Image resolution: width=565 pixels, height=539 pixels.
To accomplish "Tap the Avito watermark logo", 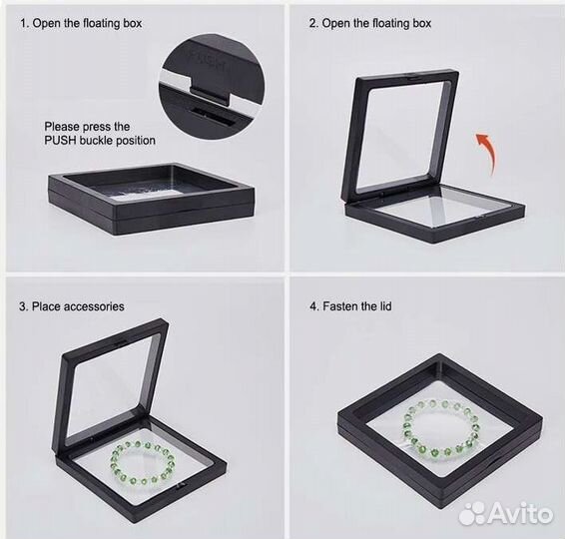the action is click(x=506, y=513).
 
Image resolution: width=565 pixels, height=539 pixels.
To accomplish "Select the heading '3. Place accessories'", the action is click(x=72, y=306).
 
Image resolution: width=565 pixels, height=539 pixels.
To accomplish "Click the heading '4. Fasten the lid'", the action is click(x=350, y=306).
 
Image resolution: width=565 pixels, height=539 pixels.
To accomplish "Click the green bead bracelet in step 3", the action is click(x=143, y=463).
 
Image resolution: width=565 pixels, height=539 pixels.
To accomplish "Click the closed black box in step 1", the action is click(x=152, y=200).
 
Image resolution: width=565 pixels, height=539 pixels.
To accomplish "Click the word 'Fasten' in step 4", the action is click(x=340, y=306).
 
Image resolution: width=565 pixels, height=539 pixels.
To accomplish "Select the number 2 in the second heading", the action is click(x=312, y=23).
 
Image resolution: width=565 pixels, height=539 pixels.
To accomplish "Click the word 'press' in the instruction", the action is click(x=97, y=127).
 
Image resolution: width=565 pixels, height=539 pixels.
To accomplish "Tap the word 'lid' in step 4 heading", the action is click(x=385, y=306).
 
